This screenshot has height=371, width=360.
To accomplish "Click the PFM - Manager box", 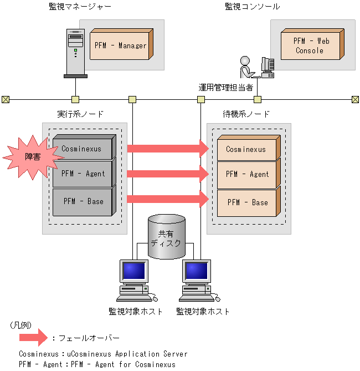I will point(120,45).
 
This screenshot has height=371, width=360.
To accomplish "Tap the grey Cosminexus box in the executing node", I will point(85,148).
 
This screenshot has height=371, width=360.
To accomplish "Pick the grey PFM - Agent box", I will point(85,174).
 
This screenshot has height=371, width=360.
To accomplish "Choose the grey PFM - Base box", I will point(85,201).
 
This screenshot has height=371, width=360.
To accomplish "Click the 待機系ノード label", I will point(246,114).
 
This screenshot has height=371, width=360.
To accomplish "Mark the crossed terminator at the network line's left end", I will point(6,100).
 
